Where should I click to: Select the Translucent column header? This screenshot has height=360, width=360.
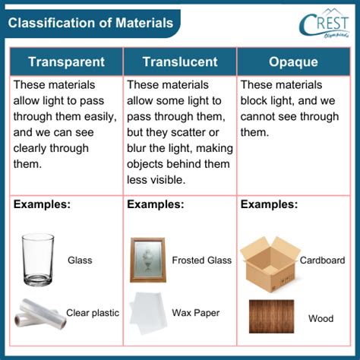pyautogui.click(x=179, y=62)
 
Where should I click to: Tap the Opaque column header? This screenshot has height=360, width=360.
pyautogui.click(x=294, y=62)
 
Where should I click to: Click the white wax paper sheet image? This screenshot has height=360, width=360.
pyautogui.click(x=147, y=312)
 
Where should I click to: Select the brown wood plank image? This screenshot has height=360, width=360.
pyautogui.click(x=270, y=317)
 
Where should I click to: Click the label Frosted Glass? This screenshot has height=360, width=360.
pyautogui.click(x=201, y=261)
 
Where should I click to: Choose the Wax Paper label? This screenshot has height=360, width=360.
pyautogui.click(x=195, y=312)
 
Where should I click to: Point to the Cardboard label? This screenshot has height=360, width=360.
pyautogui.click(x=322, y=261)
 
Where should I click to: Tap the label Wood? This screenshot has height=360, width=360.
pyautogui.click(x=321, y=318)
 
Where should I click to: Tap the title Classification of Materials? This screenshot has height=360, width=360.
pyautogui.click(x=91, y=23)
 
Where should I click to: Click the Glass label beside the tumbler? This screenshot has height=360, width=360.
pyautogui.click(x=80, y=261)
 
